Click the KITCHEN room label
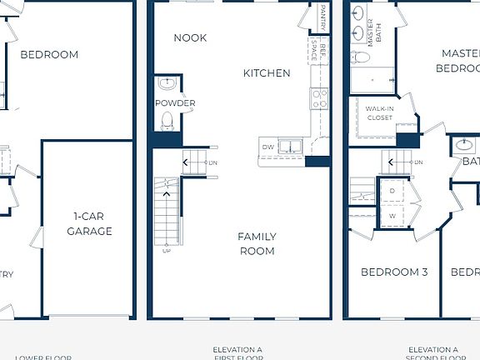pyautogui.click(x=267, y=73)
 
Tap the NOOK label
pyautogui.click(x=190, y=37)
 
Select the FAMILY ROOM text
pyautogui.click(x=257, y=243)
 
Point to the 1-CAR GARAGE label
pyautogui.click(x=89, y=224)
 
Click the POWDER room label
pyautogui.click(x=175, y=103)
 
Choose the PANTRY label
pyautogui.click(x=323, y=17)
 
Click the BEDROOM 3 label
pyautogui.click(x=394, y=272)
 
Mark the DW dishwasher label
pyautogui.click(x=267, y=147)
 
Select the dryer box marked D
pyautogui.click(x=392, y=191)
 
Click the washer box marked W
pyautogui.click(x=392, y=216)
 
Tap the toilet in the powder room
pyautogui.click(x=167, y=121)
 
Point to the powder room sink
pyautogui.click(x=167, y=83)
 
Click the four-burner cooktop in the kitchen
pyautogui.click(x=320, y=98)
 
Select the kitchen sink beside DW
pyautogui.click(x=289, y=147)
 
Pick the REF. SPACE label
pyautogui.click(x=315, y=50)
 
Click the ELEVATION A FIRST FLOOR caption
pyautogui.click(x=237, y=353)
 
